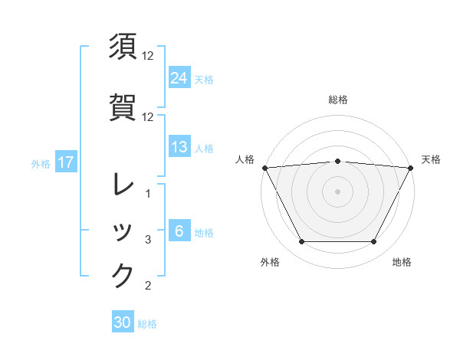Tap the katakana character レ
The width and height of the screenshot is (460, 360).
tap(123, 185)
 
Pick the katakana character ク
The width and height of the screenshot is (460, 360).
tap(123, 276)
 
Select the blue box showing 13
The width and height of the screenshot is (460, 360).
tap(179, 147)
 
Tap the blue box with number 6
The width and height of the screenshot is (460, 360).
tap(179, 231)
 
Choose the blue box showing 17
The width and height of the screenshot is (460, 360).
tap(66, 162)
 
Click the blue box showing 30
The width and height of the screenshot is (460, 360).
tap(123, 322)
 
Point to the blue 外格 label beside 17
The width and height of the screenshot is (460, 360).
tap(41, 163)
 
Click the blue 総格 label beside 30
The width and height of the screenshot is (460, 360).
tap(147, 324)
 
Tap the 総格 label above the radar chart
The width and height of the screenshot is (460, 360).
tap(337, 100)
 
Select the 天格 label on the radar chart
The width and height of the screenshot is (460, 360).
tap(431, 159)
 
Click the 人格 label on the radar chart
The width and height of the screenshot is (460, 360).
tap(245, 159)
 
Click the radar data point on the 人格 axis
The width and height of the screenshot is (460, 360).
tap(265, 168)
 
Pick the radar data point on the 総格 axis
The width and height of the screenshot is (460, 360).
tap(337, 161)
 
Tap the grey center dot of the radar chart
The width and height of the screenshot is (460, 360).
tap(337, 191)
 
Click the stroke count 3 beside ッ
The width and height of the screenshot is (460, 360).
tap(149, 240)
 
